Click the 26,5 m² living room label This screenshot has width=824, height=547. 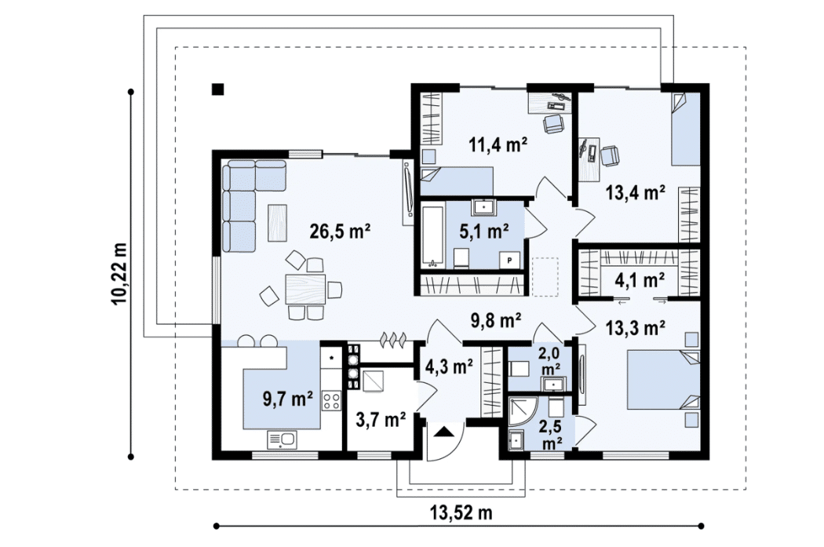click(340, 231)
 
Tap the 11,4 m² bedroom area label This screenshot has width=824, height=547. click(498, 144)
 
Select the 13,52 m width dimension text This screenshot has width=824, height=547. click(461, 512)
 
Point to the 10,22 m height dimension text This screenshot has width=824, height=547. click(119, 273)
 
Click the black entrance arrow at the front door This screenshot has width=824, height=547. click(444, 432)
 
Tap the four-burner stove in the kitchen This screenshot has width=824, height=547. click(332, 401)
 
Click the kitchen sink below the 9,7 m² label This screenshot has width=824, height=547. click(283, 439)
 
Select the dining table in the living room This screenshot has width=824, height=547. click(304, 289)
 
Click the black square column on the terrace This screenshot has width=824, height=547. click(217, 89)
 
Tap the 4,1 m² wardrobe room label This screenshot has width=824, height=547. click(640, 280)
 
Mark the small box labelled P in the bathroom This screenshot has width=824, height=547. click(509, 260)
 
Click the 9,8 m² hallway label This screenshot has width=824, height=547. click(495, 320)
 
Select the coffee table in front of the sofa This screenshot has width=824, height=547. click(278, 223)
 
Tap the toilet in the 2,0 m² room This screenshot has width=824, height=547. click(520, 368)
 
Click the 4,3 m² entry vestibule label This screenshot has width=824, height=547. click(450, 366)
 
